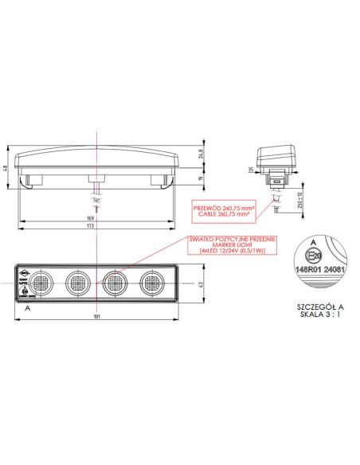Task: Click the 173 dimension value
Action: tap(92, 227)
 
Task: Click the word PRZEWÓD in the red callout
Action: tap(207, 209)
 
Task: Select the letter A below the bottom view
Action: tap(27, 306)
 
